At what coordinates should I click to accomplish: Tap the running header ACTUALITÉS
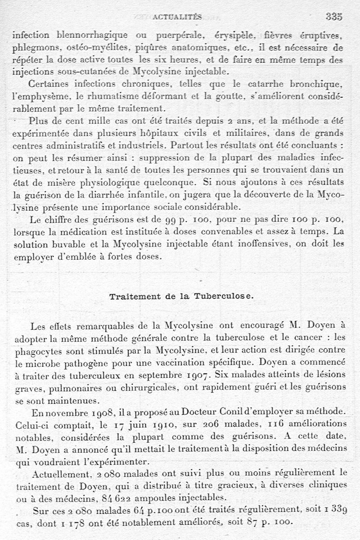tap(178, 18)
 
